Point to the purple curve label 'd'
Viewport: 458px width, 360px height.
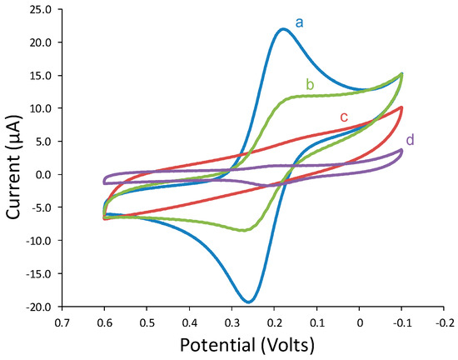(x=408, y=138)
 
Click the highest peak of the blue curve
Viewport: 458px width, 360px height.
(x=283, y=29)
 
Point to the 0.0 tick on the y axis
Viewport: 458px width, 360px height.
(x=40, y=175)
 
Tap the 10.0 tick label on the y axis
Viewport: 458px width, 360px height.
(x=37, y=108)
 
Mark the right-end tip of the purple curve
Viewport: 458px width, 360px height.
(x=402, y=151)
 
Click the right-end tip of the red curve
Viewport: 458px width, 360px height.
(x=402, y=107)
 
